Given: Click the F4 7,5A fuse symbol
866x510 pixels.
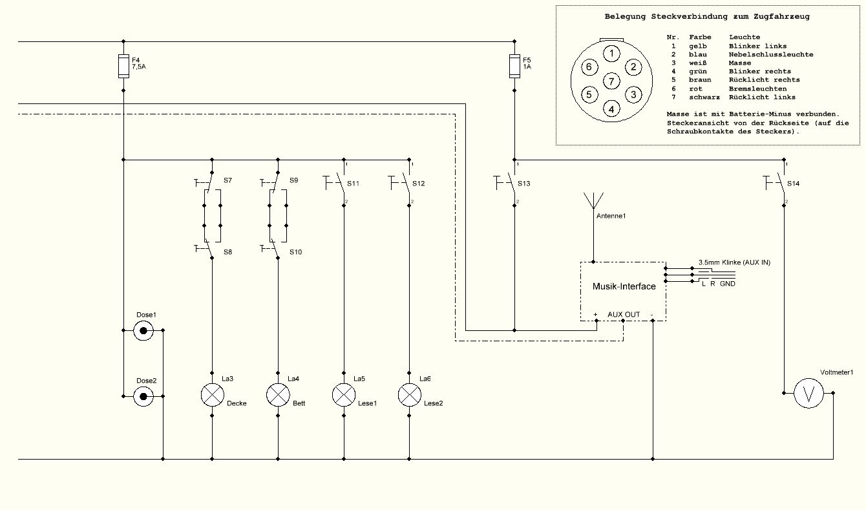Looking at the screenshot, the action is click(123, 66).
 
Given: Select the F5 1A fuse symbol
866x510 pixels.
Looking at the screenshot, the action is click(514, 66).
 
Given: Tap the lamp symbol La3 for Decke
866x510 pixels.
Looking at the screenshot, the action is click(212, 395).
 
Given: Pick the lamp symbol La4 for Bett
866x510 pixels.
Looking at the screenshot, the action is click(278, 395).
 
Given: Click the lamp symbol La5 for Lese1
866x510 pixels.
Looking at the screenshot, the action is click(344, 395).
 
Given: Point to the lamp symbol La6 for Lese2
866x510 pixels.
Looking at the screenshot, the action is click(410, 395).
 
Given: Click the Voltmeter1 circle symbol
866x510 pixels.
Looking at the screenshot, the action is click(808, 393).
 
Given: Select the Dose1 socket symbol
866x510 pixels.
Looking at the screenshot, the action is click(143, 330).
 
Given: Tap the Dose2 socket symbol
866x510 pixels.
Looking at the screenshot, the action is click(143, 396).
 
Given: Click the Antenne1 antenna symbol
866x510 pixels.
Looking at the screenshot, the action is click(593, 200).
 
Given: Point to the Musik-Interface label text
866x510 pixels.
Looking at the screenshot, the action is click(624, 286).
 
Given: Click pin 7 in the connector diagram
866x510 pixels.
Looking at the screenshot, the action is click(611, 81).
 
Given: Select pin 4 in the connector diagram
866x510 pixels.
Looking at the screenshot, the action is click(611, 109).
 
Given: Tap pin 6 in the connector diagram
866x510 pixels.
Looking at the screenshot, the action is click(589, 67).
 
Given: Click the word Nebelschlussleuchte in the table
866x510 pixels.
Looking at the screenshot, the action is click(771, 54).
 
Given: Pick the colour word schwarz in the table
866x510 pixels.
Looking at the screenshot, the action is click(704, 97).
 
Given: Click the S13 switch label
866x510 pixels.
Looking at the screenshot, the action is click(524, 184).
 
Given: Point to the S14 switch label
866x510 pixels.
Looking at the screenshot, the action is click(794, 184).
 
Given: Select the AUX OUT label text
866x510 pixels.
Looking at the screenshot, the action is click(624, 314).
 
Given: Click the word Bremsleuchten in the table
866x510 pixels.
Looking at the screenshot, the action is click(757, 89).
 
